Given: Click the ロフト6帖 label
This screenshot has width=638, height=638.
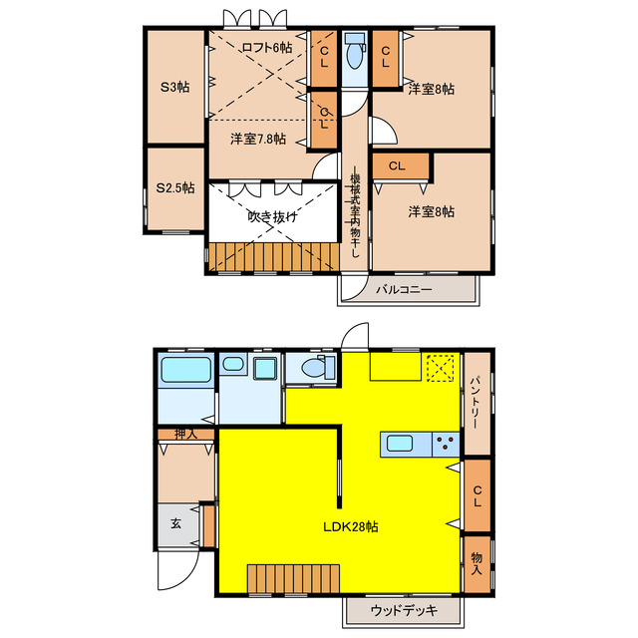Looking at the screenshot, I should click(x=266, y=47).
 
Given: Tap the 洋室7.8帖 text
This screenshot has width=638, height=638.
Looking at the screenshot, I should click(x=257, y=140).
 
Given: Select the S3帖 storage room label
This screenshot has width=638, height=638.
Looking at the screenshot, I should click(x=174, y=87).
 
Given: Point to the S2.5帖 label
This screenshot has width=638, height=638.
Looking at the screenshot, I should click(x=174, y=187).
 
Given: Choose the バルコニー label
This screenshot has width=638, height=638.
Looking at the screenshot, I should click(x=404, y=289).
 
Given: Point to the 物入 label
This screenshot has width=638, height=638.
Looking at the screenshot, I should click(x=476, y=564).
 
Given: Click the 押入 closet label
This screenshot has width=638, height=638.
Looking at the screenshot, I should click(x=185, y=434).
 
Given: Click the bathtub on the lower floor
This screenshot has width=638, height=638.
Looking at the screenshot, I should click(x=186, y=372).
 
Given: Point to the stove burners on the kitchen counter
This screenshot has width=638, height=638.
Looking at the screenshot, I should click(x=444, y=444).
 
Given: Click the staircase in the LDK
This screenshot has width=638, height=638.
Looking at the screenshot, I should click(x=294, y=578).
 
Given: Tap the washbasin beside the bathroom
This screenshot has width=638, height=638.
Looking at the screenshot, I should click(x=266, y=371).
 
